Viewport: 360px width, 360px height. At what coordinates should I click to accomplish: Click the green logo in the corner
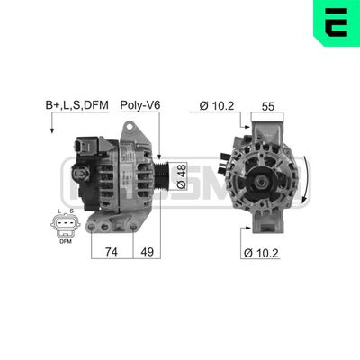coord(338,22)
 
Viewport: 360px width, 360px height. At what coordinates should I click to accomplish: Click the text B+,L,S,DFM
coord(76,105)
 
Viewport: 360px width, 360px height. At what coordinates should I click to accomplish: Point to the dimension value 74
coord(112,254)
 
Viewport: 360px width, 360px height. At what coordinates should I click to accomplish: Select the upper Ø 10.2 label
coord(213,105)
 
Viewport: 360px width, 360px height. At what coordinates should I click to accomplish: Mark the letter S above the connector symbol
coord(73,211)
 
